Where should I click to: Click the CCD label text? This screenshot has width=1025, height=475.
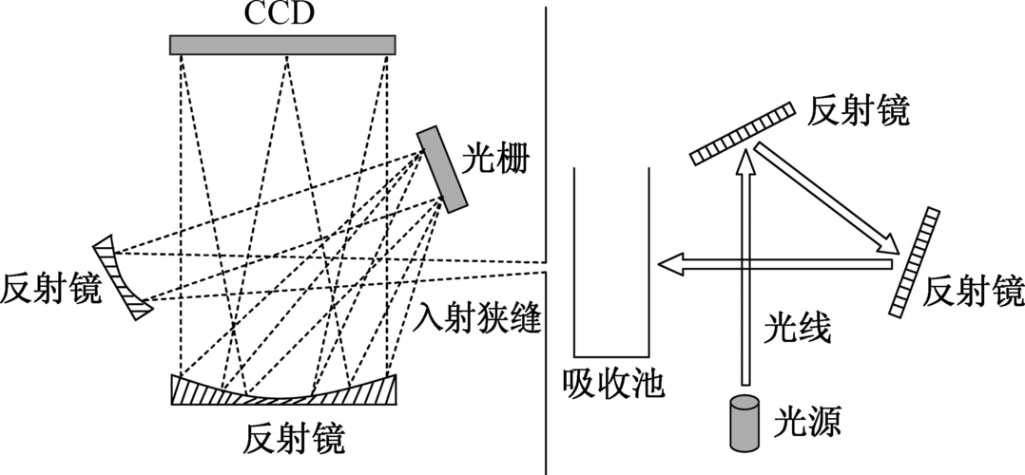[x=281, y=13]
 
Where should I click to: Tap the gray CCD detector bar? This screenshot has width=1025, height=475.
[x=282, y=45]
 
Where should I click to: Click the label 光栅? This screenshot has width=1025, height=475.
[x=496, y=158]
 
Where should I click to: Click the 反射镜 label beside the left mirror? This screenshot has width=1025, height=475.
[x=50, y=290]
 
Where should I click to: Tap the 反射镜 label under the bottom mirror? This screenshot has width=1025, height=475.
[x=294, y=440]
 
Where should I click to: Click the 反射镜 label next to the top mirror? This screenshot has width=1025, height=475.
[x=859, y=111]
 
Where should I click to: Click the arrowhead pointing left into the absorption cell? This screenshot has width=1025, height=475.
[x=672, y=264]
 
